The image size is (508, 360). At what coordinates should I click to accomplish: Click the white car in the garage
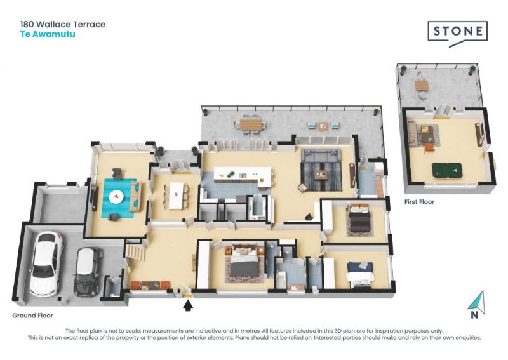(46, 264)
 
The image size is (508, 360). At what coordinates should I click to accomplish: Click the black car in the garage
(87, 272)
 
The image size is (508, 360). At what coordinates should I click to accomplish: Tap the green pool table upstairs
(446, 171)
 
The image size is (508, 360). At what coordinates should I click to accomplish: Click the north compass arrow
(478, 303)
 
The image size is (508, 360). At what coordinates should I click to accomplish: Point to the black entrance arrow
(188, 305)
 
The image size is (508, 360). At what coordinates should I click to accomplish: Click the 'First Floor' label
(419, 202)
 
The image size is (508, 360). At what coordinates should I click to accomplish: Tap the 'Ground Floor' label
(32, 316)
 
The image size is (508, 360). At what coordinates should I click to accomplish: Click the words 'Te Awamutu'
(48, 34)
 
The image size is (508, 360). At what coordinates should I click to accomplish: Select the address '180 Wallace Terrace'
(63, 24)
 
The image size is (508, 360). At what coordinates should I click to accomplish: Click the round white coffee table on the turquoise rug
(116, 197)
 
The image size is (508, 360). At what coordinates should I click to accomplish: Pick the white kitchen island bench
(243, 177)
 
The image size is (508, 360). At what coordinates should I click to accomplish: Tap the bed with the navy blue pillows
(360, 275)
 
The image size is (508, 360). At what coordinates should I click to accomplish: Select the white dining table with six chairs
(177, 196)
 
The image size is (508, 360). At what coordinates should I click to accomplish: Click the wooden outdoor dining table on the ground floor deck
(250, 124)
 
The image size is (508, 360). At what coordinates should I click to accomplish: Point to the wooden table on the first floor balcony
(422, 86)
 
